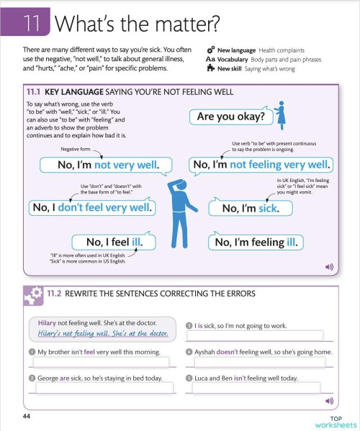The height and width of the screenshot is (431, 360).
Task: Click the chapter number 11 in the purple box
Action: (x=30, y=23)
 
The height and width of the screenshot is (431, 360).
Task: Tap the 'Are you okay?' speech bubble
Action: (x=230, y=117)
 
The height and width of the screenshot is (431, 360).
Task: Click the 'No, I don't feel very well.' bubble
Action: (x=91, y=208)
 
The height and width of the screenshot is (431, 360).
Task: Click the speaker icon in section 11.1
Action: (x=330, y=266)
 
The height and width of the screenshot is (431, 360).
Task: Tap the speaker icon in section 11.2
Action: (x=330, y=400)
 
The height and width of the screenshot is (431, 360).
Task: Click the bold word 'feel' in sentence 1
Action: (x=91, y=352)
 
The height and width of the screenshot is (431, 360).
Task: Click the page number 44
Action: (x=27, y=417)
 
